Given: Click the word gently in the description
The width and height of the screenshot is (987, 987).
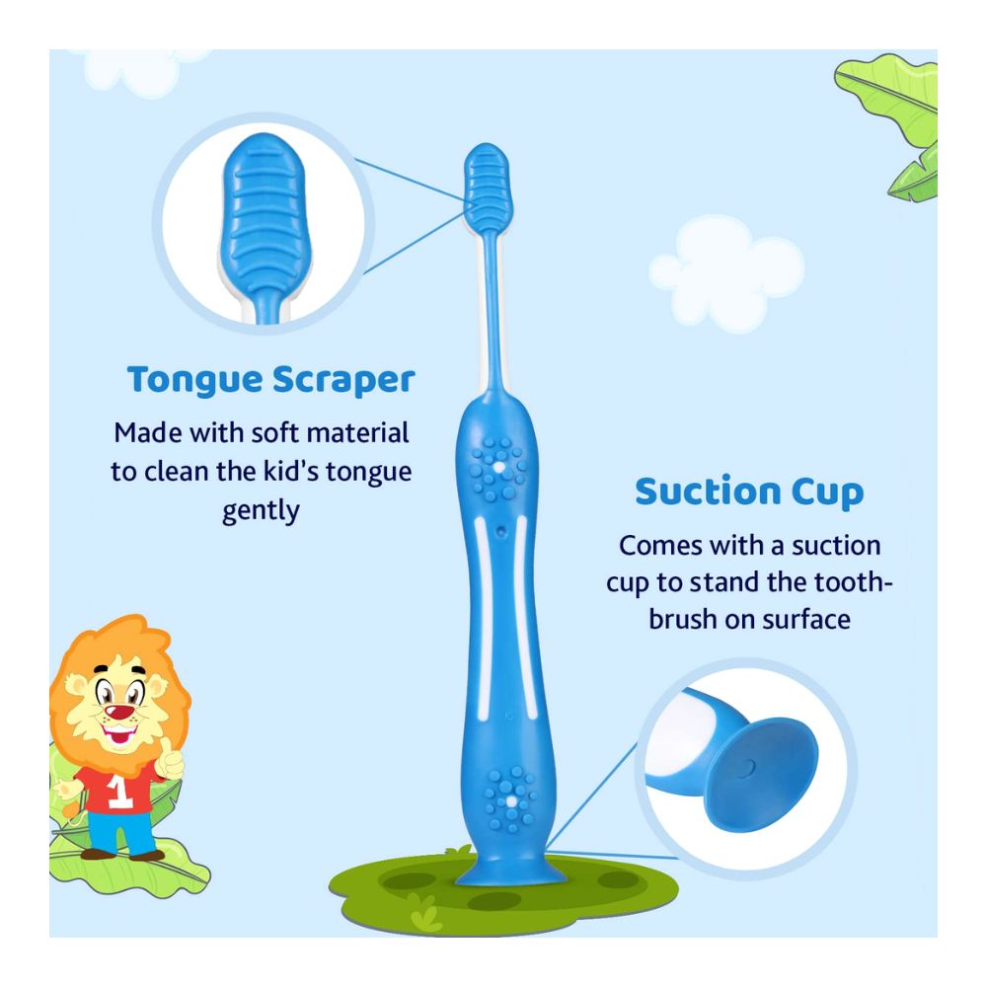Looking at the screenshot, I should click(x=261, y=511).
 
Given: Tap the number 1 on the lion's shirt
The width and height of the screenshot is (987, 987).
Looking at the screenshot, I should click(x=120, y=797).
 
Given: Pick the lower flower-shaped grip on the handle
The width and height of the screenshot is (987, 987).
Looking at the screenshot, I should click(x=509, y=797).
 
